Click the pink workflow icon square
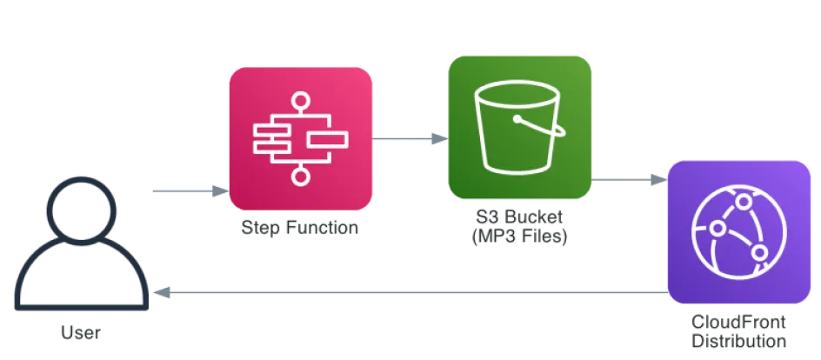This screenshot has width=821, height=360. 300,137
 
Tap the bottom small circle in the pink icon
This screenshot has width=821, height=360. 300,176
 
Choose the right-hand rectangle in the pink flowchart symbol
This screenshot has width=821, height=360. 328,139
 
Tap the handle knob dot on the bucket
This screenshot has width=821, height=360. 517,117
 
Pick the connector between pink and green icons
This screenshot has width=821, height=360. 410,137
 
